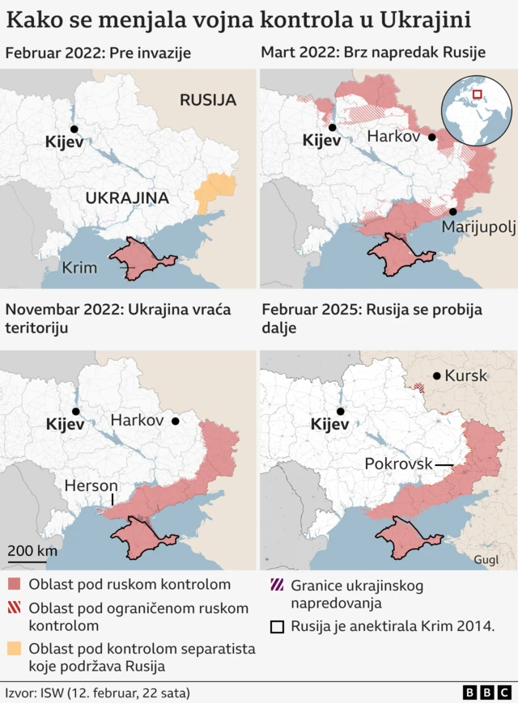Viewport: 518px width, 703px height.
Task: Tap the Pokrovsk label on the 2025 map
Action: coord(399,464)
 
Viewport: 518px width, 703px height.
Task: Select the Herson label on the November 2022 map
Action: coord(91,485)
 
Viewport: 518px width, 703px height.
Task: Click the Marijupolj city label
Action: coord(478,227)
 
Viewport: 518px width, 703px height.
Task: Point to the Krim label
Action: coord(79,268)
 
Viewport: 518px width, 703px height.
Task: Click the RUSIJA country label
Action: coord(208,100)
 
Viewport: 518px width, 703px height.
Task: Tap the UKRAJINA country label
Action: coord(127,197)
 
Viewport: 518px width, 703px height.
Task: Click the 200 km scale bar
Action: coord(28,558)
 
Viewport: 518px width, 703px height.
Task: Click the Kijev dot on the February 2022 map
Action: coord(74,129)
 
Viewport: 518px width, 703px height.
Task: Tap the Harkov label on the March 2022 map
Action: coord(394,137)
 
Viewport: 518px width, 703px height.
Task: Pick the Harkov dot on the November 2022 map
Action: coord(175,421)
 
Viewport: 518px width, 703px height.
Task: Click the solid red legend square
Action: coord(14,584)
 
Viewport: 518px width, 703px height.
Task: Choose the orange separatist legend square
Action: coord(14,649)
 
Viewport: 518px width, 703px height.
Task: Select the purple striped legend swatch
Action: coord(277,585)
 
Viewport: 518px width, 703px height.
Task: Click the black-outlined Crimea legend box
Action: coord(277,625)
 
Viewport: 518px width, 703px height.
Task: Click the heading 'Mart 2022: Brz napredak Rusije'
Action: coord(372,53)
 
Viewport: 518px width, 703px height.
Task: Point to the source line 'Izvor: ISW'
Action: coord(97,692)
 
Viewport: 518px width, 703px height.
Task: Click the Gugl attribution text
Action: coord(486,559)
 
